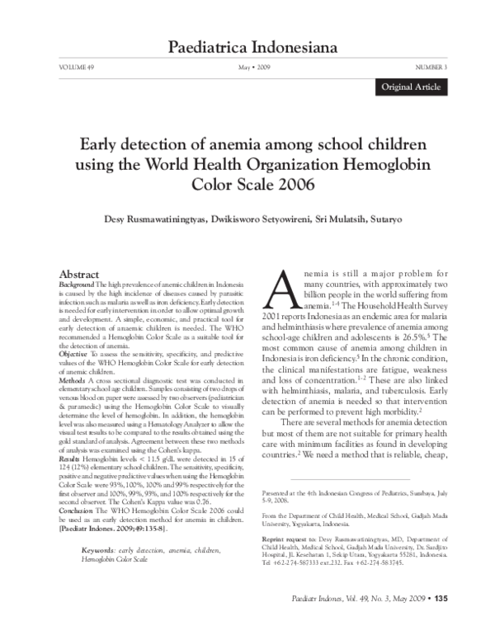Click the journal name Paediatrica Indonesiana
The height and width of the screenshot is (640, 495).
point(247,48)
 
